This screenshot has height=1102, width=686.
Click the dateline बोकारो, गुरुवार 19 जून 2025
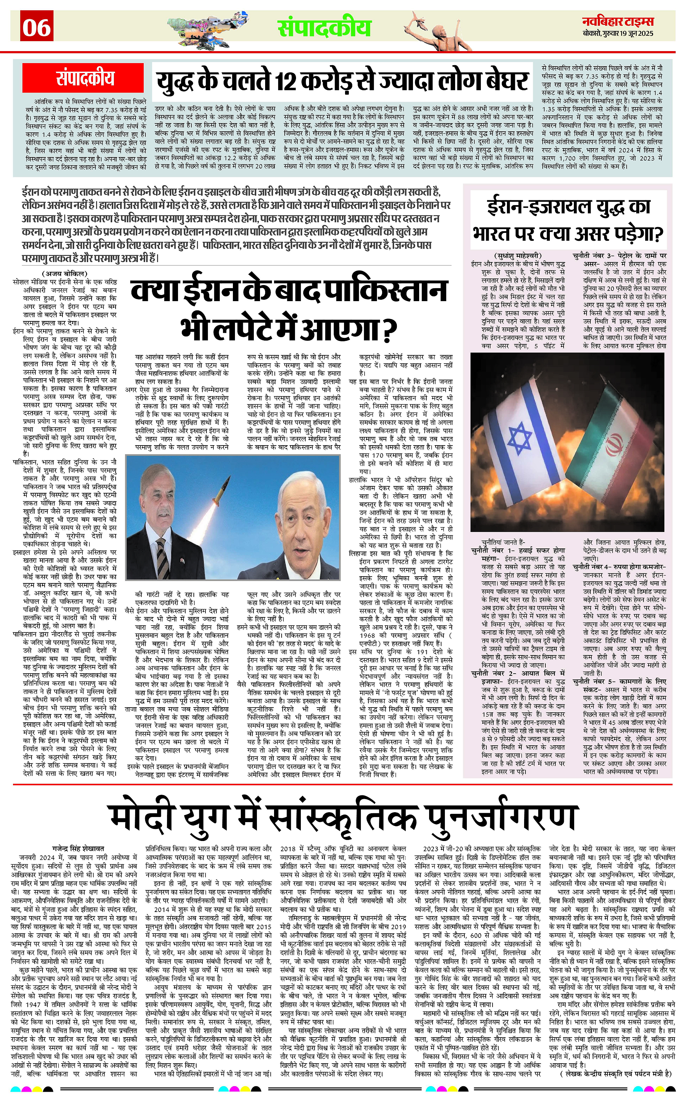pyautogui.click(x=618, y=34)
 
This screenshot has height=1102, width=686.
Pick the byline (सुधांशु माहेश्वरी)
pyautogui.click(x=517, y=256)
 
